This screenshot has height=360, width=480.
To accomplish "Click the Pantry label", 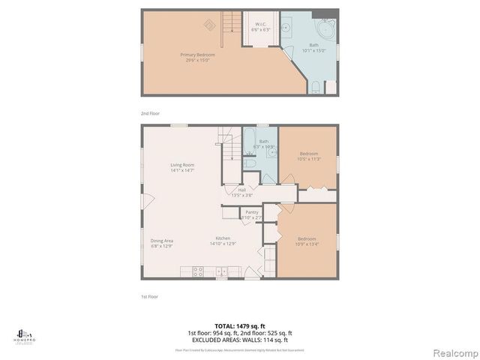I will point(252,212).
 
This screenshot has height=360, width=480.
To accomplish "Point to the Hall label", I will point(242,190).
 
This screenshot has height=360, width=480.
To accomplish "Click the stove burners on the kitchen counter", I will point(198,270).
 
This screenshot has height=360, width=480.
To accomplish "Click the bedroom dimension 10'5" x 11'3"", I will point(309,159).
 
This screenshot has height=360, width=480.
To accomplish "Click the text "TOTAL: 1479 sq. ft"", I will point(239,326).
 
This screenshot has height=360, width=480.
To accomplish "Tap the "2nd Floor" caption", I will point(150,112).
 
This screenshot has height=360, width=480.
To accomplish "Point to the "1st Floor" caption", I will point(150,296).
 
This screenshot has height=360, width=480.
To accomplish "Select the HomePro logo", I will point(22,335).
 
